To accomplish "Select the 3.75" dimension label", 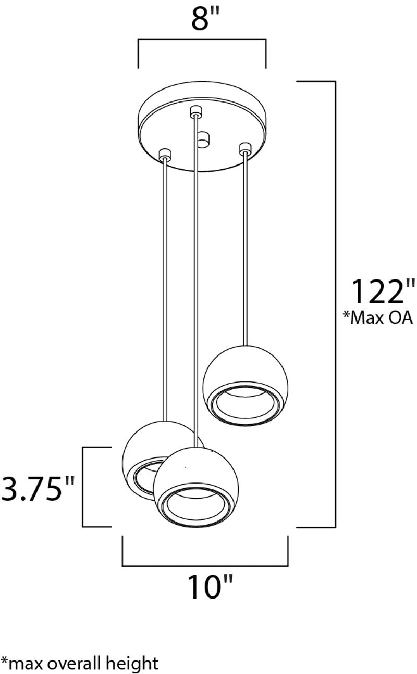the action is point(38,488).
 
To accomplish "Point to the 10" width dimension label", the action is point(210,587).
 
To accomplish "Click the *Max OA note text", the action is point(378,317).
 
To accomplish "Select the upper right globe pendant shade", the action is point(246,385).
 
